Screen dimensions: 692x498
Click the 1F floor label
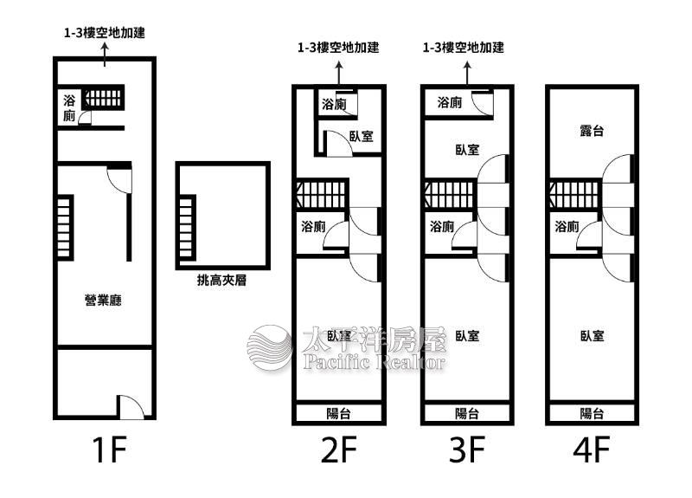pos(109,449)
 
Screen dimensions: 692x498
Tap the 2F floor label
pos(339,449)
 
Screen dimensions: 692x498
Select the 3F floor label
pos(467,449)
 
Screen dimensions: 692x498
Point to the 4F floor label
pos(592,449)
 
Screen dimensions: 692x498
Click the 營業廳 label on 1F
pos(103,300)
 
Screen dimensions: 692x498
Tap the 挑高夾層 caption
pos(221,280)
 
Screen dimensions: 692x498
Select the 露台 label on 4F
pos(592,131)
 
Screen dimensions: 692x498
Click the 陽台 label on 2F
pos(338,414)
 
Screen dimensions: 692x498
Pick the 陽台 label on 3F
pos(467,414)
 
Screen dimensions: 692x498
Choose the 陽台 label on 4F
pos(592,414)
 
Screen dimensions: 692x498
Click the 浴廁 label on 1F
pos(69,107)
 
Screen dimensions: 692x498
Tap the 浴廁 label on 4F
pos(567,227)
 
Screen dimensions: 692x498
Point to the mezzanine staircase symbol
pos(187,228)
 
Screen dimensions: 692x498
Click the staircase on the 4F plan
pos(574,194)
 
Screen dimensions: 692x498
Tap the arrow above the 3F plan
pos(467,73)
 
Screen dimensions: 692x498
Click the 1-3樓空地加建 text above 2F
pos(338,48)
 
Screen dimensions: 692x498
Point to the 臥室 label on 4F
pos(592,336)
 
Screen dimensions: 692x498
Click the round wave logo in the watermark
pos(270,348)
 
